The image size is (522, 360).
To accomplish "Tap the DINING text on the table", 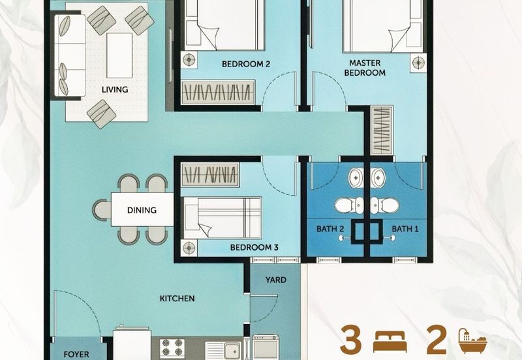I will tap(142, 210).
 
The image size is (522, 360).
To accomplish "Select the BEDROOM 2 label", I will tap(245, 64).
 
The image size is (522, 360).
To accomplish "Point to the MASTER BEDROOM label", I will tap(365, 68).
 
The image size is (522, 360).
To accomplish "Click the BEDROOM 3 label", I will tap(254, 248).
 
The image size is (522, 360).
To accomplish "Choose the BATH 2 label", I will tap(331, 229).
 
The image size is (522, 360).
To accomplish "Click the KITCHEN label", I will tap(177, 299).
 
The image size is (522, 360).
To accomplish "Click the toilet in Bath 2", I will tap(346, 206).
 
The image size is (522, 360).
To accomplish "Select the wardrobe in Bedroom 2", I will tap(215, 92).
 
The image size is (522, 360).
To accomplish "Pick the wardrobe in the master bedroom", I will tap(380, 130).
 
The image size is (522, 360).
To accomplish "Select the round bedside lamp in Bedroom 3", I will tap(190, 248).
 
